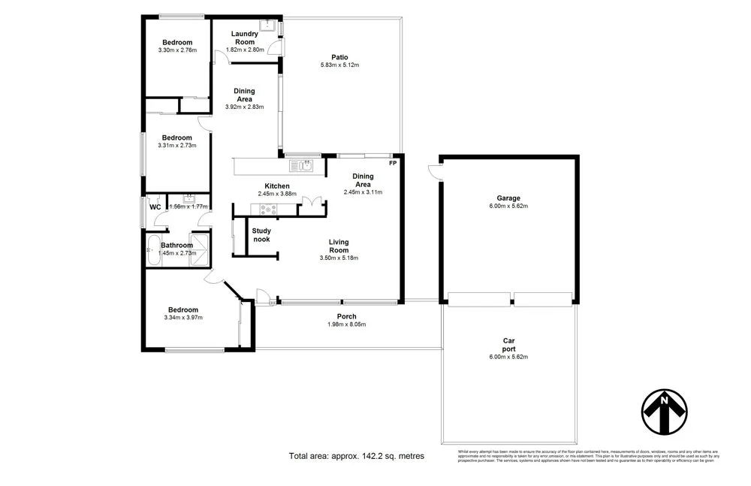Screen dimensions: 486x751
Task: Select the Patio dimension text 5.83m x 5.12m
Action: coord(339,65)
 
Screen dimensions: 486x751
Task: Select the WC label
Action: coord(155,207)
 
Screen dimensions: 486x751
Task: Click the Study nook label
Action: coord(261,235)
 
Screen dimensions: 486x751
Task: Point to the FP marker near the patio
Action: coord(392,163)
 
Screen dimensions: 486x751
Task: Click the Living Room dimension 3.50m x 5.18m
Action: coord(339,258)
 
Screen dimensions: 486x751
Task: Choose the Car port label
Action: coord(508,345)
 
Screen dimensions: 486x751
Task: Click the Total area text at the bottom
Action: coord(357,456)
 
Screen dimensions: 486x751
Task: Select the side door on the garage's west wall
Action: coord(434,174)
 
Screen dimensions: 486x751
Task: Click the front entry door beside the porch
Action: coord(263,297)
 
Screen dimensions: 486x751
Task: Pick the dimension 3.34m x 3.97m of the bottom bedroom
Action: coord(183,318)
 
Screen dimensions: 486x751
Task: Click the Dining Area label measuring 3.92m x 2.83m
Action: coord(244,107)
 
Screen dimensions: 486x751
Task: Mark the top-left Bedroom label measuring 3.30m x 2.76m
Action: coord(177,42)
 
